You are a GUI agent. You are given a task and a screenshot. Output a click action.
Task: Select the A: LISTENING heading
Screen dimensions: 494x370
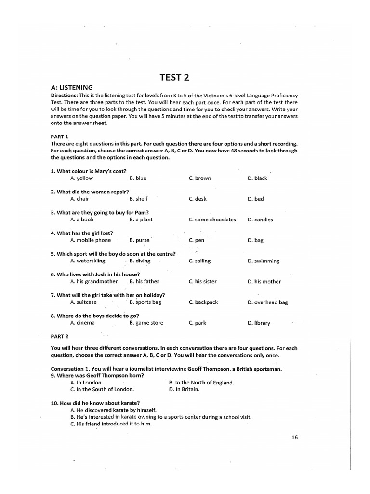tap(72, 87)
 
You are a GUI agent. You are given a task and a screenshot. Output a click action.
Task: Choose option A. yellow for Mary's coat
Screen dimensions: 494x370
tap(81, 178)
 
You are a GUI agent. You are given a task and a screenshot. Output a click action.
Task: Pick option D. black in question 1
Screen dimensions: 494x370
tap(257, 178)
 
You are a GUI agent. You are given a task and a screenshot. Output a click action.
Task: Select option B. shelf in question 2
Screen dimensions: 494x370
tap(138, 199)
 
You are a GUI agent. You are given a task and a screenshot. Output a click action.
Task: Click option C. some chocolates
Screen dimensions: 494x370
tap(212, 220)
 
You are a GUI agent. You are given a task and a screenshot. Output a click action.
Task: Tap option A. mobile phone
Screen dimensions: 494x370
tap(90, 240)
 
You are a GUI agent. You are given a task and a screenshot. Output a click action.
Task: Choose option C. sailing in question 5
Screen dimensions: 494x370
tap(199, 261)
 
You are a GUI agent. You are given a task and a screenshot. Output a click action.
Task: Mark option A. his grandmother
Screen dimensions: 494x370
tap(93, 281)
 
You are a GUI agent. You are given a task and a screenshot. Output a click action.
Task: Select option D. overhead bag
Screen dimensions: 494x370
tap(267, 302)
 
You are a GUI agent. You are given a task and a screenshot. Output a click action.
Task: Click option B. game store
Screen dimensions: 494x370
tap(146, 323)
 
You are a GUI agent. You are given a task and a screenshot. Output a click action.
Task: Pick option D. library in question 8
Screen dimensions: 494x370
tap(259, 323)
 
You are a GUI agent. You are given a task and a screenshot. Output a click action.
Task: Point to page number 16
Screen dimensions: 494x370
tap(295, 438)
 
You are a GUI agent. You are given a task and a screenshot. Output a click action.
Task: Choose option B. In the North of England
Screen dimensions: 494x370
tap(201, 383)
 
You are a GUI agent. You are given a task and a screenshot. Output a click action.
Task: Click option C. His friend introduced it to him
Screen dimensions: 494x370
tap(111, 424)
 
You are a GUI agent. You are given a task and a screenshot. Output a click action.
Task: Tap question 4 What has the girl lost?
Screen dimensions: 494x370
tap(82, 233)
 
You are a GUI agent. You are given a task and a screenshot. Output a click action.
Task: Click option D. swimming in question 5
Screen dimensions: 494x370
tap(263, 261)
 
